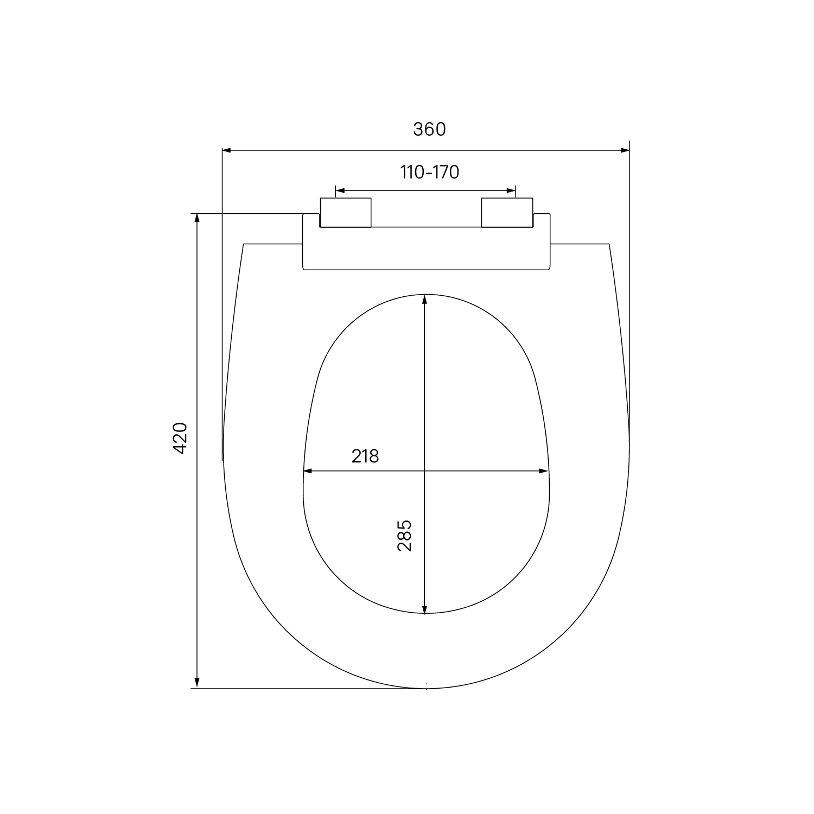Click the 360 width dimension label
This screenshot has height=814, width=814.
point(429,129)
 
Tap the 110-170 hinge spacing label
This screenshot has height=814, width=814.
point(429,172)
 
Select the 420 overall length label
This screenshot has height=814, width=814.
point(180,438)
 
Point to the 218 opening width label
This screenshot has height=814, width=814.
point(365,456)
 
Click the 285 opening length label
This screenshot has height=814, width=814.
point(404,536)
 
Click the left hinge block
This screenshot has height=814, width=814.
point(346,213)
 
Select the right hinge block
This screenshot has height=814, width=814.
point(507,213)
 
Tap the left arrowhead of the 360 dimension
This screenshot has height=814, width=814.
point(227,150)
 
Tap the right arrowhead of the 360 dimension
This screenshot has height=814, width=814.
point(625,150)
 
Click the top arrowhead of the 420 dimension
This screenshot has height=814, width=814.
point(198,218)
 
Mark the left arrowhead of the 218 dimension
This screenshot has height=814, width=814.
point(308,471)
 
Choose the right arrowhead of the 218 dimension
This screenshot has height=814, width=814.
point(544,471)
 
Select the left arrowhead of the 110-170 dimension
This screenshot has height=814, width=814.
point(340,190)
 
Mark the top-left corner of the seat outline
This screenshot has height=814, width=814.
point(244,244)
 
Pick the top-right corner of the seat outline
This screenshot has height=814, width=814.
point(609,244)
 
